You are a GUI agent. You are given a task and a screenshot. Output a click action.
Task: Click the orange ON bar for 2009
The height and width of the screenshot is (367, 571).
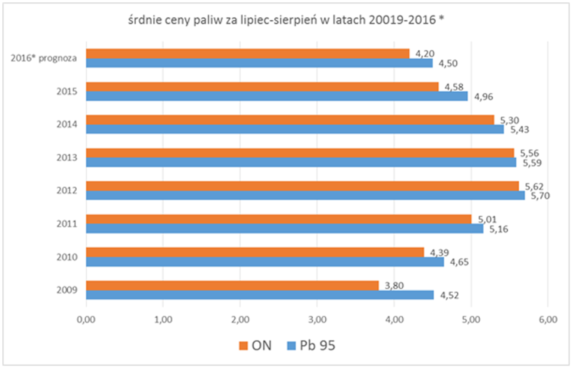click(232, 285)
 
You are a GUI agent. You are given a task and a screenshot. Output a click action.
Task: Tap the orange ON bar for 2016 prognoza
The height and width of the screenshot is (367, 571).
click(248, 54)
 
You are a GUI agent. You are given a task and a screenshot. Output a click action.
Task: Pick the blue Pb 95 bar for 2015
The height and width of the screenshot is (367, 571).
click(277, 96)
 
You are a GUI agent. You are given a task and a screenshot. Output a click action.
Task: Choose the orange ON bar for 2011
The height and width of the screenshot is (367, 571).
click(278, 219)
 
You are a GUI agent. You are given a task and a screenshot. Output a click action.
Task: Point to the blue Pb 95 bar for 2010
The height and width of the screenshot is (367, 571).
click(265, 262)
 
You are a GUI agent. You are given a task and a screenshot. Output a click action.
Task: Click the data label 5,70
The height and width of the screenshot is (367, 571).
click(540, 196)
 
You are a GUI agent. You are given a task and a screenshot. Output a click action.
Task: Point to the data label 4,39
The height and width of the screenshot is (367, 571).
click(439, 252)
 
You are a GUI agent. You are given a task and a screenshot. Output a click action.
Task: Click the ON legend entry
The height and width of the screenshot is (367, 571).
click(255, 345)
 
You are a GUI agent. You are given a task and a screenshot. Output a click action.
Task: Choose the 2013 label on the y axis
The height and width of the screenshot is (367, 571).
click(67, 157)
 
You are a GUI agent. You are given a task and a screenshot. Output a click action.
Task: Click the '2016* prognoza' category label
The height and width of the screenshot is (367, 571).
click(44, 58)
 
